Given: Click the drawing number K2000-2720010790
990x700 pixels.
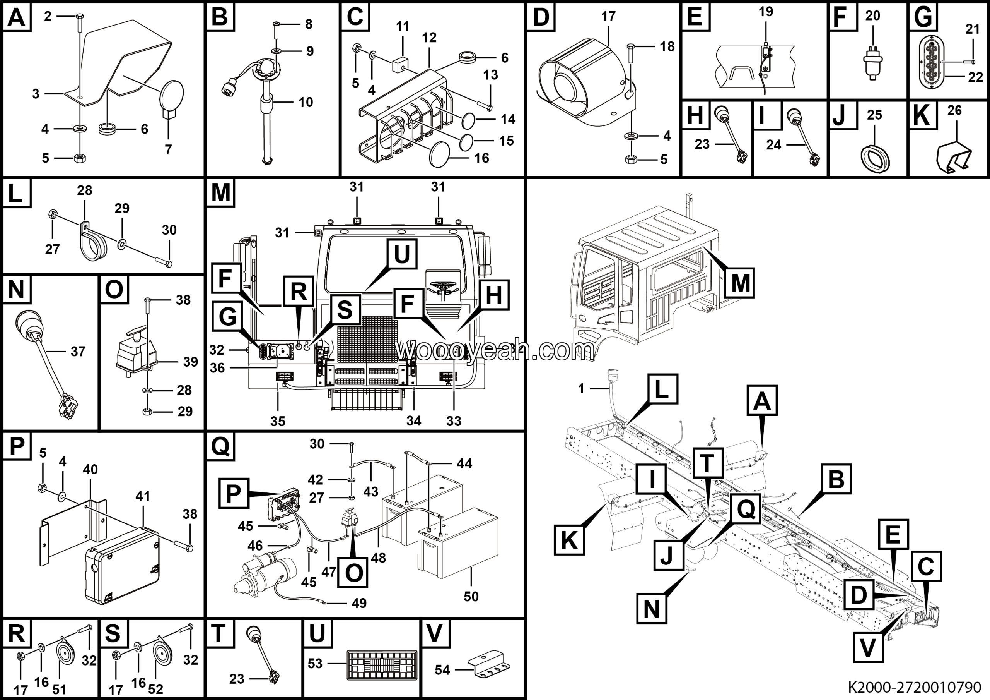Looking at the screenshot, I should click(x=914, y=686).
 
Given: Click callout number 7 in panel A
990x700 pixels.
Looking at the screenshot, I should click(x=168, y=149).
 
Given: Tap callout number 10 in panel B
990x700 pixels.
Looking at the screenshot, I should click(x=306, y=102).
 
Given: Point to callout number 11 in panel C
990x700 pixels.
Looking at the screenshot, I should click(x=402, y=27).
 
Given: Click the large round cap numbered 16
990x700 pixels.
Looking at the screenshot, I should click(x=439, y=154).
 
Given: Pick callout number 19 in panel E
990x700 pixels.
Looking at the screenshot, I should click(x=766, y=12).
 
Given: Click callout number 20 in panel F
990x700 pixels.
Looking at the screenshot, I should click(x=872, y=16).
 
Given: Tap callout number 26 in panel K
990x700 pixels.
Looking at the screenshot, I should click(x=954, y=110).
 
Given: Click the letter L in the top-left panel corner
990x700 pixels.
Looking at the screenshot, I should click(x=16, y=193).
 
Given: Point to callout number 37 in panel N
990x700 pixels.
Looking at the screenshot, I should click(x=78, y=352).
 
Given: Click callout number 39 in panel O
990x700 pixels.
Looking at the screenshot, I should click(x=190, y=362).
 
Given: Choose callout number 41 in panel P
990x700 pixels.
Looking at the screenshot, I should click(x=143, y=496).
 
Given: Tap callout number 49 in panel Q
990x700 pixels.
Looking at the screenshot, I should click(x=359, y=603).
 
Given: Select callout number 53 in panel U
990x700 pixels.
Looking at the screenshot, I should click(x=315, y=664).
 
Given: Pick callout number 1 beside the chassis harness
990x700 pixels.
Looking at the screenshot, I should click(x=581, y=389).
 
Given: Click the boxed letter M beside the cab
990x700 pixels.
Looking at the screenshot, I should click(x=740, y=283).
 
